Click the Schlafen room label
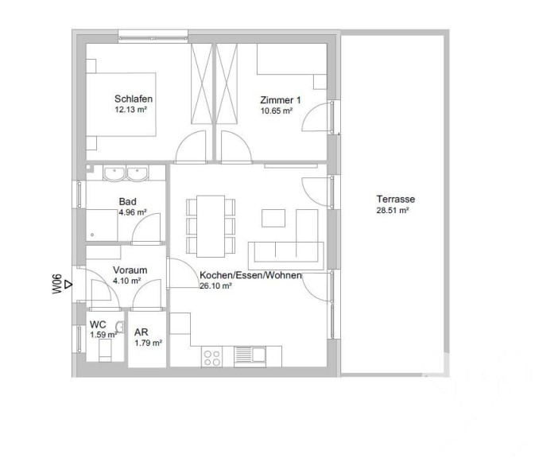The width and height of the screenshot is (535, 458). [x=134, y=99]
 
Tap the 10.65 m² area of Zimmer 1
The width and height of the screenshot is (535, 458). [x=277, y=111]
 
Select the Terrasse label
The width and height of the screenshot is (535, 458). [x=396, y=199]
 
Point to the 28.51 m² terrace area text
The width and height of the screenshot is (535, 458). [x=393, y=210]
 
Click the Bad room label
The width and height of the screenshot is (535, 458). [x=128, y=201]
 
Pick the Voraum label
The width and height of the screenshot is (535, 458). [x=130, y=270]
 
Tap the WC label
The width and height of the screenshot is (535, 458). [x=98, y=324]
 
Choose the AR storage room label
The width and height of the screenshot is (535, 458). [x=142, y=332]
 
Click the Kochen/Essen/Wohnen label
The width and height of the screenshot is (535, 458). [x=250, y=275]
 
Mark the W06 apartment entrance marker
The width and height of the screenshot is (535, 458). [x=61, y=284]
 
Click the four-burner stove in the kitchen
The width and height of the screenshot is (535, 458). [x=211, y=357]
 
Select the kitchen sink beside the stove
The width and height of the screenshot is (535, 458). [x=250, y=356]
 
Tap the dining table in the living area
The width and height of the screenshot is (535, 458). [x=211, y=227]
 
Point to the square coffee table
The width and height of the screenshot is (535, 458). [x=273, y=218]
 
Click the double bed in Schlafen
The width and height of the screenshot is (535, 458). [x=121, y=104]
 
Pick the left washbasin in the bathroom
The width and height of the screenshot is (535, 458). [x=114, y=173]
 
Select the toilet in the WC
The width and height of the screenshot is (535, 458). [x=105, y=351]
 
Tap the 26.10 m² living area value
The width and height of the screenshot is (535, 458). [x=215, y=286]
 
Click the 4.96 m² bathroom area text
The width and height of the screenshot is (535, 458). [x=133, y=212]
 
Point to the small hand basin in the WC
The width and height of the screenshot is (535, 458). [x=120, y=327]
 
